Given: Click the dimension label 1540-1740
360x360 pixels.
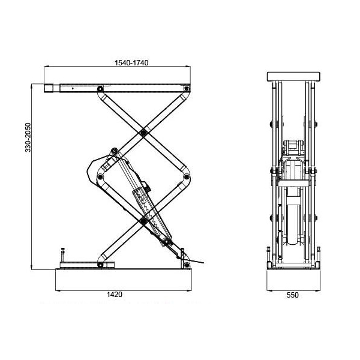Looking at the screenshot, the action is coord(131,62).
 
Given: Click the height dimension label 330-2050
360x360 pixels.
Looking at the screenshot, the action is coord(28,137).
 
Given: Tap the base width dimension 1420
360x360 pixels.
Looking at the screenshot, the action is coord(115,295).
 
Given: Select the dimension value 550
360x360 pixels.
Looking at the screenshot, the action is coord(292,295).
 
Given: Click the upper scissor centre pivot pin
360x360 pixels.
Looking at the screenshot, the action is coord(143,133).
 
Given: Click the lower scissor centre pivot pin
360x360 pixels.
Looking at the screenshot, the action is coord(143,221).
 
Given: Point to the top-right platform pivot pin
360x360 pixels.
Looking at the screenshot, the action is coord(187,88).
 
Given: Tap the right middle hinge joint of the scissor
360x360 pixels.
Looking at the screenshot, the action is coord(187,177).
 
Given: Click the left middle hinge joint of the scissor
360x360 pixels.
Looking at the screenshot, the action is coord(100,177).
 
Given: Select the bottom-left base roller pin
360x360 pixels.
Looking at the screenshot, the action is coord(100,265).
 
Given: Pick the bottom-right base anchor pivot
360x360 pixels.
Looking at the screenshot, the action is coord(187,265).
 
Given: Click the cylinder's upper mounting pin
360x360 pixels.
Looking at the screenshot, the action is coord(114,151).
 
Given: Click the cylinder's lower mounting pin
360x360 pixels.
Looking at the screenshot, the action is coord(167,242).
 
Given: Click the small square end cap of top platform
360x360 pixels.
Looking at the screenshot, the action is coord(49,88).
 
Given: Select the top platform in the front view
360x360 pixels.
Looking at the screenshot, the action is coord(293,76).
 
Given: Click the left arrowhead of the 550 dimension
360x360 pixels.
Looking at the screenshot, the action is coord(269,290).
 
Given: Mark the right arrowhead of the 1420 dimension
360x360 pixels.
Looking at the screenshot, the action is coord(189,290).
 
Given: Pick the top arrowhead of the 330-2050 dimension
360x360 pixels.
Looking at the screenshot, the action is coord(31,86).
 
